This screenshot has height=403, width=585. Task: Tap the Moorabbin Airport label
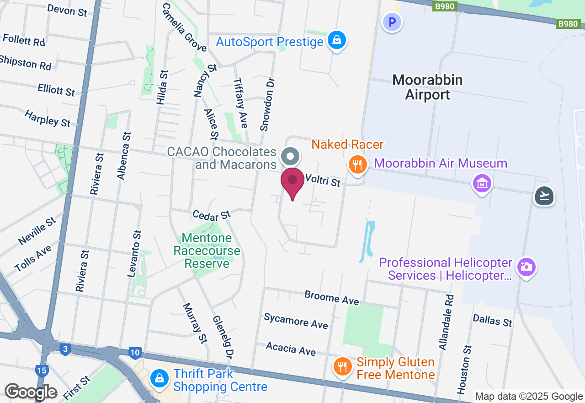[427, 87]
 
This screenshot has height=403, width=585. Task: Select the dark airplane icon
[544, 196]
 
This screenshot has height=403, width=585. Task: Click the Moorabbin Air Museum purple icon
[482, 184]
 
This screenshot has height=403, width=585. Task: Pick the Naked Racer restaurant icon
[357, 164]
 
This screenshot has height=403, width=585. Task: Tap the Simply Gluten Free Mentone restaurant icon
[342, 366]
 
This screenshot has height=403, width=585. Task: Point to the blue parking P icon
[392, 22]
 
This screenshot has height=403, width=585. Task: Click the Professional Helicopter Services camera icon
[526, 267]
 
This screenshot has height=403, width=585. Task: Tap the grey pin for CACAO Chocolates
[290, 156]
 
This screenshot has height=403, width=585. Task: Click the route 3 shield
[65, 350]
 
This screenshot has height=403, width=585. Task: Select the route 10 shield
[135, 353]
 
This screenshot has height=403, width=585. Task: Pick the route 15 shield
[42, 370]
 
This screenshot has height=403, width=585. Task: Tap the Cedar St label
[212, 215]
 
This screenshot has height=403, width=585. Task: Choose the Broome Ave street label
[331, 298]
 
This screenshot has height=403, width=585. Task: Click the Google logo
[31, 392]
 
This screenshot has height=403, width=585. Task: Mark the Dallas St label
[492, 321]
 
